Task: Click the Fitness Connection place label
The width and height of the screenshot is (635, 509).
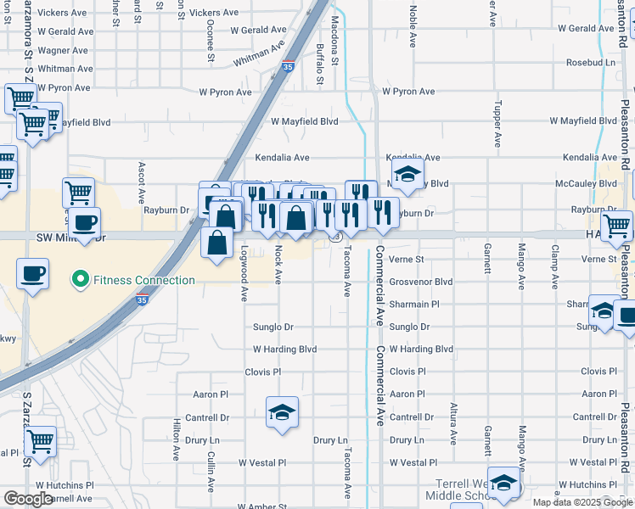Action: (x=143, y=280)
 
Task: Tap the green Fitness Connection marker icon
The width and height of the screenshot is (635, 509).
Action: (x=81, y=278)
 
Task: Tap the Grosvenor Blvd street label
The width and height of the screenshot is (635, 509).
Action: (x=421, y=282)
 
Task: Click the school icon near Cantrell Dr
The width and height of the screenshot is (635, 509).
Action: (x=282, y=412)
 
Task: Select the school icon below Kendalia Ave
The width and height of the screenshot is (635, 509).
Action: (x=408, y=173)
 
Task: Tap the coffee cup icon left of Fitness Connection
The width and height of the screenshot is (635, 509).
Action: (x=32, y=274)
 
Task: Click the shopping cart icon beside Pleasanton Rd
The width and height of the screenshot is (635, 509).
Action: (x=617, y=225)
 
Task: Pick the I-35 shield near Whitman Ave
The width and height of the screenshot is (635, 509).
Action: (x=289, y=64)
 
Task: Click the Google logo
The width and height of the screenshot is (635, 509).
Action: (x=29, y=499)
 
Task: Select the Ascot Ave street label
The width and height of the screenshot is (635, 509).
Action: (x=141, y=183)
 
